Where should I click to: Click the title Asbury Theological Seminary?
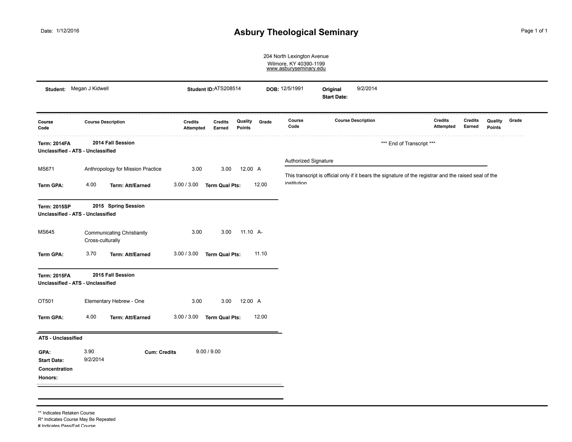(x=296, y=32)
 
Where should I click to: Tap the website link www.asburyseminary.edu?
(x=296, y=68)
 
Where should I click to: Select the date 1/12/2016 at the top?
(x=68, y=31)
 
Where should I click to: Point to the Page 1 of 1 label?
(x=534, y=31)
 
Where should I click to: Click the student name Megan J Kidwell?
(x=90, y=89)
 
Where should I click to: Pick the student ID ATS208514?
(x=227, y=89)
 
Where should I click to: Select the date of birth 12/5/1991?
(x=292, y=89)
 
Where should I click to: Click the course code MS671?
(x=46, y=169)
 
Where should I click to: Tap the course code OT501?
(x=46, y=301)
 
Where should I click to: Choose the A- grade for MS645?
(x=260, y=232)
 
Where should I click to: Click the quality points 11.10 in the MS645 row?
(x=247, y=232)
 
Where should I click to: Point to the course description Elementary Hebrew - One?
(x=114, y=301)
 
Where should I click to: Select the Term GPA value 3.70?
(x=91, y=254)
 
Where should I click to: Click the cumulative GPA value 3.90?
(x=89, y=351)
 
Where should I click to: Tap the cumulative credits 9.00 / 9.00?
(x=208, y=351)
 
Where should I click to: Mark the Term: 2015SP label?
(x=54, y=207)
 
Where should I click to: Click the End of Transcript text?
(x=408, y=144)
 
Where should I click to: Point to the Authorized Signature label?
(x=309, y=161)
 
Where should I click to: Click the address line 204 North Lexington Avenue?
(x=296, y=56)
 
